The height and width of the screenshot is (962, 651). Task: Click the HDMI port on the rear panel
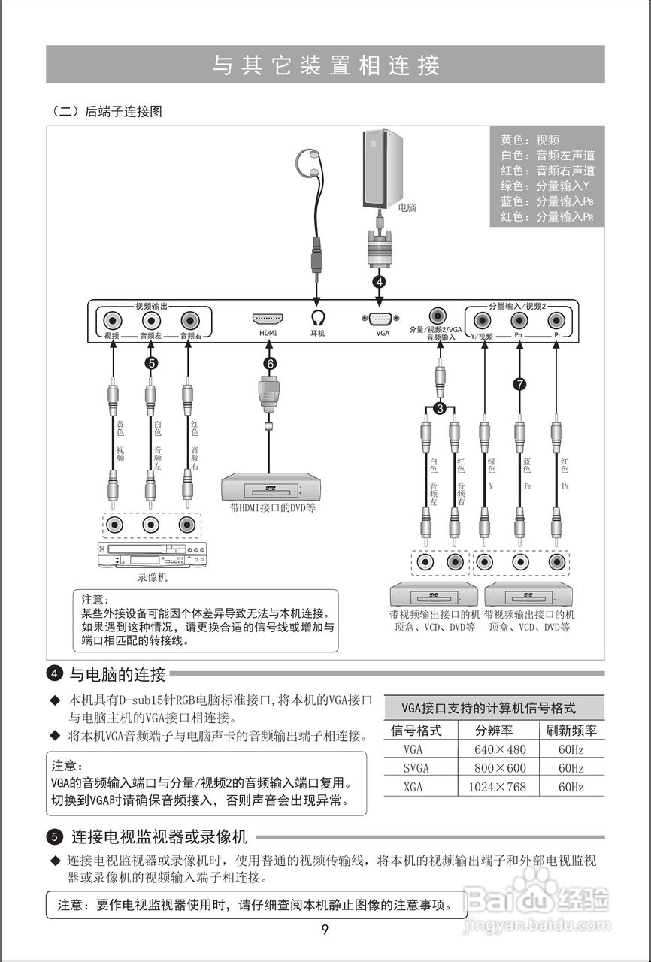pos(267,319)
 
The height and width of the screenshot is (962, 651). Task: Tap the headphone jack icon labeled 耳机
pos(317,319)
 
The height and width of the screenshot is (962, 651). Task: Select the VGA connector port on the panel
pos(381,319)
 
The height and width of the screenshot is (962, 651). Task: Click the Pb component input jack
pos(519,319)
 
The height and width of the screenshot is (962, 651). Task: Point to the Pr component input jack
pos(557,319)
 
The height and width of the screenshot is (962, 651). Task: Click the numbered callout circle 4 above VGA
pos(380,282)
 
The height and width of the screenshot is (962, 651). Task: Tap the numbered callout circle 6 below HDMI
pos(269,364)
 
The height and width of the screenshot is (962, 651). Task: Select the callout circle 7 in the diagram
pos(519,384)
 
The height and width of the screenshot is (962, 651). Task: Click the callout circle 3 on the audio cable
pos(440,408)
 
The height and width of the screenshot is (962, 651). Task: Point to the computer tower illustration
pos(382,169)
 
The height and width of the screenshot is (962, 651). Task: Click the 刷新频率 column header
pos(571,730)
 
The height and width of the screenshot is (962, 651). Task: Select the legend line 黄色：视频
pos(530,140)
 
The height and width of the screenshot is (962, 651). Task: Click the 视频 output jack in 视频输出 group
pos(112,319)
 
